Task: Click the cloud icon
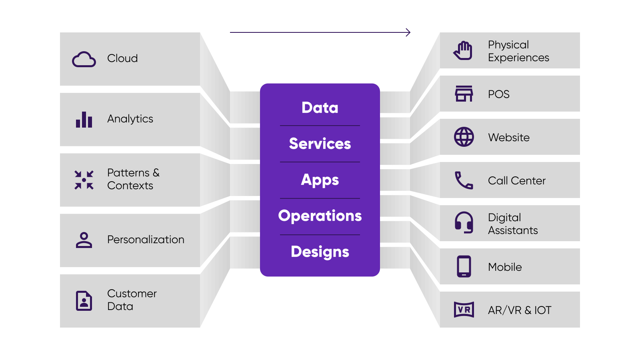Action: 84,59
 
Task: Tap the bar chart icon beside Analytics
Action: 84,120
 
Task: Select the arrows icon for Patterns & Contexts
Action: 84,180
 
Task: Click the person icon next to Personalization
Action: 84,240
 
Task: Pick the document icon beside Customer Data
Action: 84,300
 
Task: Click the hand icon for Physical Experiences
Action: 463,51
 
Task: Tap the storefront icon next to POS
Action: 464,94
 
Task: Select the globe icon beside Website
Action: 464,137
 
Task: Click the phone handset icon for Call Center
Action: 464,180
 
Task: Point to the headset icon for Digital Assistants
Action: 464,222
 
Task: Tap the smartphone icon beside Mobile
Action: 464,266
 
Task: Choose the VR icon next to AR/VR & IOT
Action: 464,310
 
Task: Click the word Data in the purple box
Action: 320,108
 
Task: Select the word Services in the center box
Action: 320,144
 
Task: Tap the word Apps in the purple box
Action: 320,180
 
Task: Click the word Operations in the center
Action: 320,216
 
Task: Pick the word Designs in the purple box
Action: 320,252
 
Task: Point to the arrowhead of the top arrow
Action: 408,32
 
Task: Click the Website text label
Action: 509,138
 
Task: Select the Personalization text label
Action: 146,240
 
